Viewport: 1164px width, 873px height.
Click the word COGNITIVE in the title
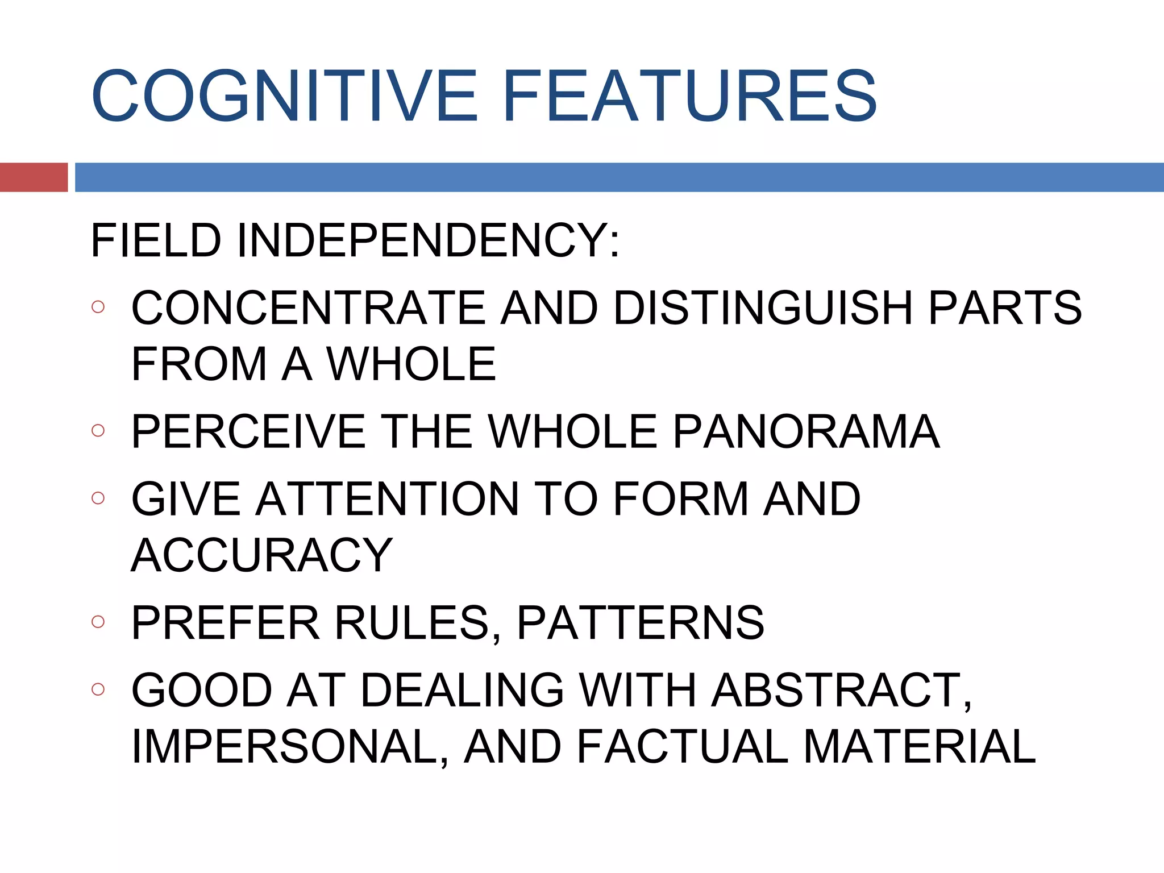coord(284,95)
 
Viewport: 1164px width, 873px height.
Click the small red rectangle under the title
coord(34,177)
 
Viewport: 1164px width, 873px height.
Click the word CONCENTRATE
coord(307,307)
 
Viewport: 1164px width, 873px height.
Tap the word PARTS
coord(1004,307)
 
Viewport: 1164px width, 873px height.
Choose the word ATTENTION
coord(386,498)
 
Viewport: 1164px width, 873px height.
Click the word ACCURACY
coord(262,555)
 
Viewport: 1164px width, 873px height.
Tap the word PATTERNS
coord(641,622)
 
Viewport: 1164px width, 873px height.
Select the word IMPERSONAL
coord(284,746)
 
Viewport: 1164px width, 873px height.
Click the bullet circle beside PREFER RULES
coord(98,622)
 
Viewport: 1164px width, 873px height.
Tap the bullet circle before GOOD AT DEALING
coord(98,689)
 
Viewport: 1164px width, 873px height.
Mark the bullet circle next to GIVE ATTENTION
coord(98,498)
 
